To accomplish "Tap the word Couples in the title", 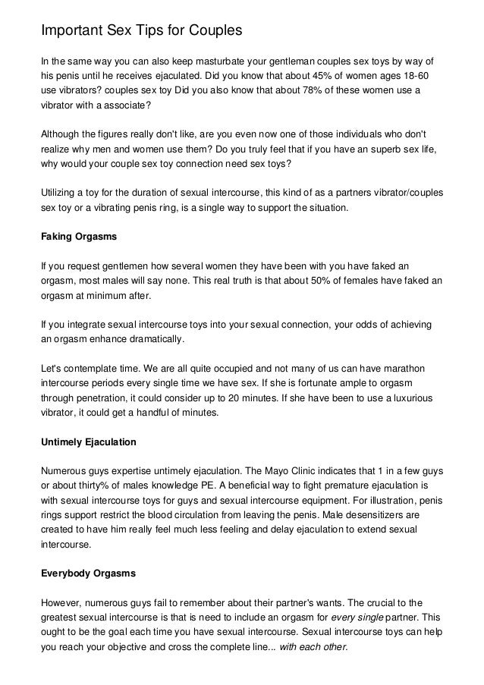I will click(x=213, y=30).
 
